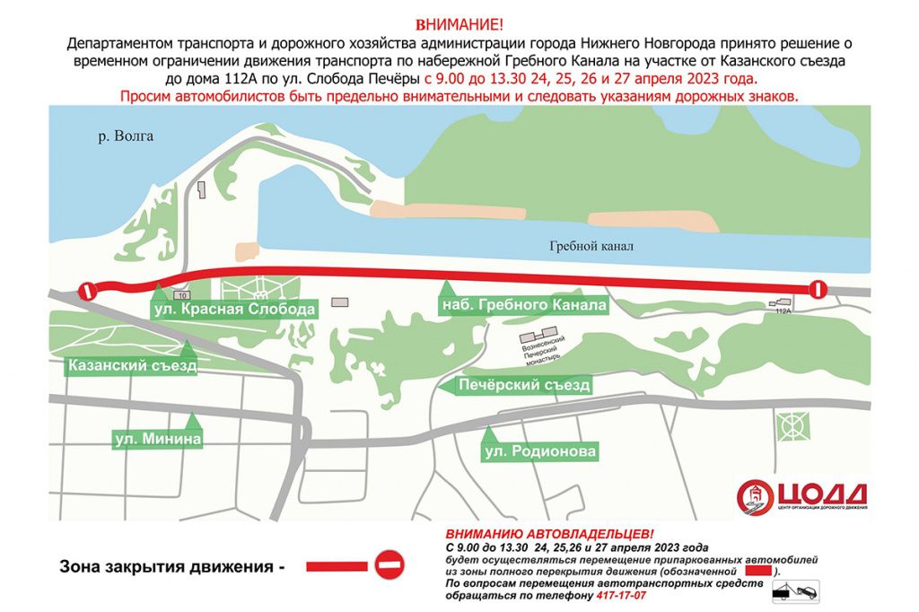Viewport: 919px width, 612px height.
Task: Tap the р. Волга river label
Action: click(126, 136)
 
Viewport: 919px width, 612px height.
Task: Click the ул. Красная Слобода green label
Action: click(234, 309)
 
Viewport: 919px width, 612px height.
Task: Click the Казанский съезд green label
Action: click(133, 366)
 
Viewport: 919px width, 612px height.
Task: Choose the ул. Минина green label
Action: click(157, 440)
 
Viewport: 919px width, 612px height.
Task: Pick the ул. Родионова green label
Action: click(540, 452)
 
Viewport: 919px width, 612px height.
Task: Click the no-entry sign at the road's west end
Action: click(87, 291)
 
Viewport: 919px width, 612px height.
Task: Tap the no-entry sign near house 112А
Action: click(818, 289)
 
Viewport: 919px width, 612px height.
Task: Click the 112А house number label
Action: click(783, 310)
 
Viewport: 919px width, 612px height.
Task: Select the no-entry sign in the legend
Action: click(389, 565)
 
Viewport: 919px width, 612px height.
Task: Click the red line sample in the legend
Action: click(337, 566)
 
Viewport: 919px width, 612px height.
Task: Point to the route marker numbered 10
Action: click(182, 295)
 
